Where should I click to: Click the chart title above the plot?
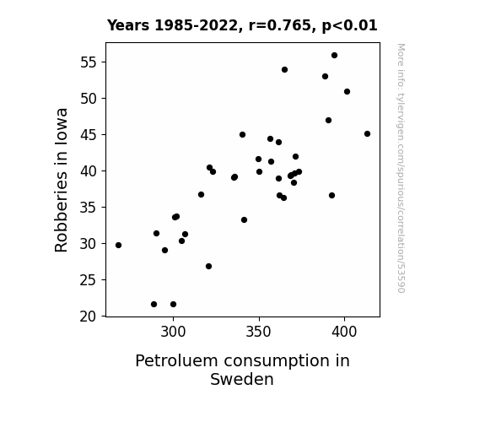click(242, 25)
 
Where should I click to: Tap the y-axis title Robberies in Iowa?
click(61, 180)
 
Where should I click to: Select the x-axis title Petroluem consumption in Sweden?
click(242, 370)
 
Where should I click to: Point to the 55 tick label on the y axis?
click(89, 62)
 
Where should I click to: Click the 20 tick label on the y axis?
click(89, 316)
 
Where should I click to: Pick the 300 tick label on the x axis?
click(173, 332)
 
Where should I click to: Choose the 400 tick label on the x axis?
click(344, 332)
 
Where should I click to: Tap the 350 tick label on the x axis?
click(259, 332)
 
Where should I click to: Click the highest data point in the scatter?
click(334, 56)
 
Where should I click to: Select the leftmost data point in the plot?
click(118, 246)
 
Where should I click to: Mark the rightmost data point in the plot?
click(367, 133)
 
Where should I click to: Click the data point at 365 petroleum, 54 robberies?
click(284, 70)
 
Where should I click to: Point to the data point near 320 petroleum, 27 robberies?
click(209, 266)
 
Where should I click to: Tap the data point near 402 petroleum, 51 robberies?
click(347, 92)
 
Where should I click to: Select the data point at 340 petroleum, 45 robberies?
click(243, 135)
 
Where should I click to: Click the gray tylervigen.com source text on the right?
click(401, 168)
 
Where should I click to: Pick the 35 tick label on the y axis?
click(89, 208)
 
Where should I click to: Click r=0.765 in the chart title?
click(280, 25)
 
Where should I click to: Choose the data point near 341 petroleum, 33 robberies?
click(244, 219)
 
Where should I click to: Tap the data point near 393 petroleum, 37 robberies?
click(331, 195)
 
